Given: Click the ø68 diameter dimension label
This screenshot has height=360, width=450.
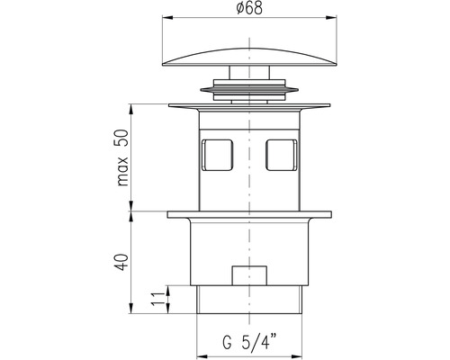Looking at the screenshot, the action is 249,8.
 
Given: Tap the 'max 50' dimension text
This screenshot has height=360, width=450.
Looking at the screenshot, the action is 123,157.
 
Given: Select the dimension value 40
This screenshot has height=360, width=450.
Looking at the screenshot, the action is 122,262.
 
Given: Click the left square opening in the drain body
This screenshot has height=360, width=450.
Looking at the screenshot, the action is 217,155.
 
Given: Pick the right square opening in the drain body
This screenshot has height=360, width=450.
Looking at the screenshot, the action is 282,155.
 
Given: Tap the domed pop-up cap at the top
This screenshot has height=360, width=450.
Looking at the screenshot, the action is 249,57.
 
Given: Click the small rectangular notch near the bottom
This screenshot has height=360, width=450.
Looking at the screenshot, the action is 250,275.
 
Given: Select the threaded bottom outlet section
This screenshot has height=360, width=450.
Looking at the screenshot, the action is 249,300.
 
